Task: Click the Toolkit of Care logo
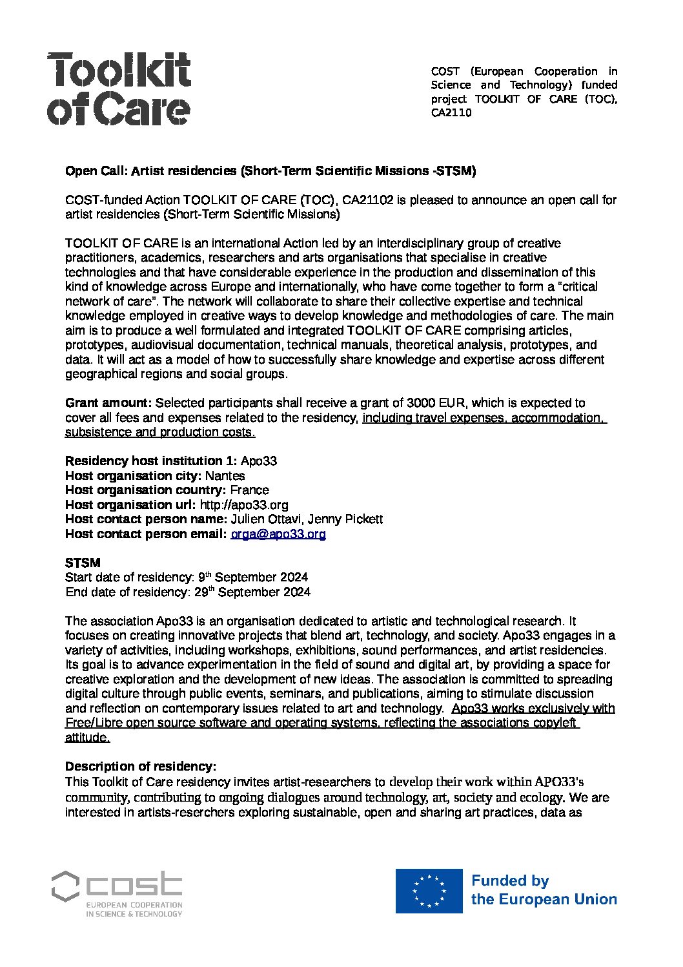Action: [x=119, y=88]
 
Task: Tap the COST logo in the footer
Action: [x=117, y=893]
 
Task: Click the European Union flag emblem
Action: [x=429, y=890]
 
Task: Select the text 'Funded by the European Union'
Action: [x=544, y=890]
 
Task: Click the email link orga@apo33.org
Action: [x=278, y=534]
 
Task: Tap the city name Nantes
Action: [x=225, y=476]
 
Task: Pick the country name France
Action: [x=249, y=490]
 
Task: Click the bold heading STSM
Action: [x=83, y=563]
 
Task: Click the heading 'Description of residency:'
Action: [x=140, y=767]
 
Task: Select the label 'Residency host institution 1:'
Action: [x=151, y=461]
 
